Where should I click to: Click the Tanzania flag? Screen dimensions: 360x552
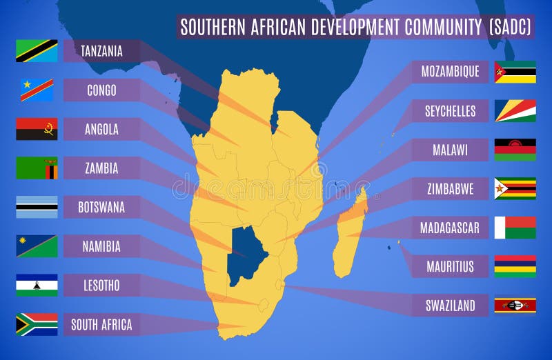point(37,51)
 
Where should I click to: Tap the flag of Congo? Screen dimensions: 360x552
point(37,90)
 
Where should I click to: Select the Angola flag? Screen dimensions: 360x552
point(37,129)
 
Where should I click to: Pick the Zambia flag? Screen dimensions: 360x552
point(37,168)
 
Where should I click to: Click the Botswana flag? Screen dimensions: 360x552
point(37,207)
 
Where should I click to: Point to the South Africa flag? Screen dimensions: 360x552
point(37,324)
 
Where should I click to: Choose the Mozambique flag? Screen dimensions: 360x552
point(515,72)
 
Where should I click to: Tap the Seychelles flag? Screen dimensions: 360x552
point(515,111)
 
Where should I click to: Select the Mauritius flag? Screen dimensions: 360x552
point(515,266)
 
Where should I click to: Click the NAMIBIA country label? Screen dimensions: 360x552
point(101,246)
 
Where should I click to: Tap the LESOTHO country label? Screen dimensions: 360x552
point(101,285)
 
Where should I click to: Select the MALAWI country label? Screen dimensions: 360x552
point(450,150)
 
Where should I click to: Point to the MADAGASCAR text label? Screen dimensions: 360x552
point(450,228)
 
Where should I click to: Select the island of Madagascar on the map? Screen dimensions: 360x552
point(350,231)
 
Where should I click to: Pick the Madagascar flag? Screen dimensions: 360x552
point(515,228)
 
